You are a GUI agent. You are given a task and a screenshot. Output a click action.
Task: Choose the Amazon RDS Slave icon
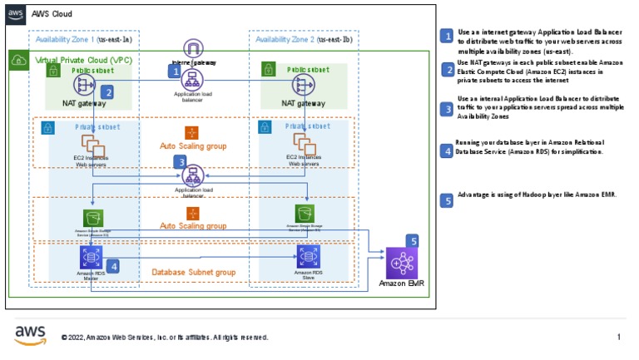306,256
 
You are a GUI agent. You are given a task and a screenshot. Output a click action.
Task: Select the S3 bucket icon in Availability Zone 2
305,213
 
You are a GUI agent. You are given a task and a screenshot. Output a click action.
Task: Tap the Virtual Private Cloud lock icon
17,61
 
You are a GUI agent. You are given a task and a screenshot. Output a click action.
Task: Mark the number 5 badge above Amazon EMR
411,240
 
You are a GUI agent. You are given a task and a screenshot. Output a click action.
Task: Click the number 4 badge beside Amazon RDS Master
112,266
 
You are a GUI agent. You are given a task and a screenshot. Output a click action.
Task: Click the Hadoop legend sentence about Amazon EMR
537,194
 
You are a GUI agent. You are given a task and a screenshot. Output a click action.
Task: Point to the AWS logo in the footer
30,334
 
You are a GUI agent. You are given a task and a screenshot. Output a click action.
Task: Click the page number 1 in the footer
618,337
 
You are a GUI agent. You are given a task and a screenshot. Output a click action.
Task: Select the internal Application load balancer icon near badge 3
193,175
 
